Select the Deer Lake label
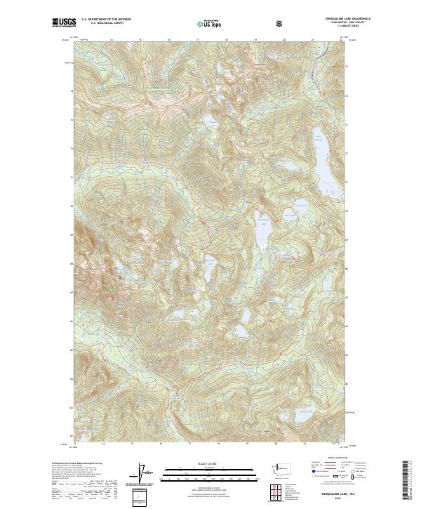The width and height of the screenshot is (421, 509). pos(300,205)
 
